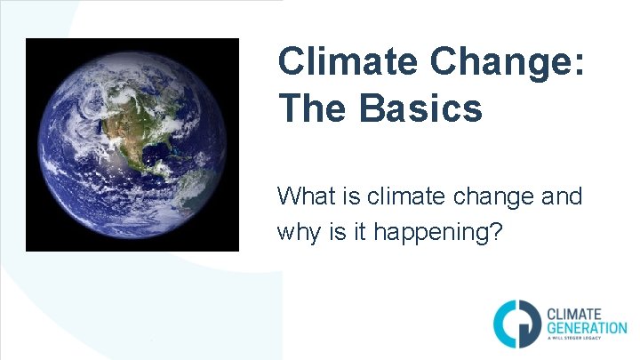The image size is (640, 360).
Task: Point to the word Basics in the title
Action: (x=421, y=108)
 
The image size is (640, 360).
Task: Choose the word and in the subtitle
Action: (x=563, y=196)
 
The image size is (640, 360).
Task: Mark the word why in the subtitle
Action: (x=298, y=233)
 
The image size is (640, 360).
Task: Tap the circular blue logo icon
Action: (x=514, y=322)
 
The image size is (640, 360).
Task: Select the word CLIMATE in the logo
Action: (x=573, y=314)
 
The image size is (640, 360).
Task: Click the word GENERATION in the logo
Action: (x=586, y=329)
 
